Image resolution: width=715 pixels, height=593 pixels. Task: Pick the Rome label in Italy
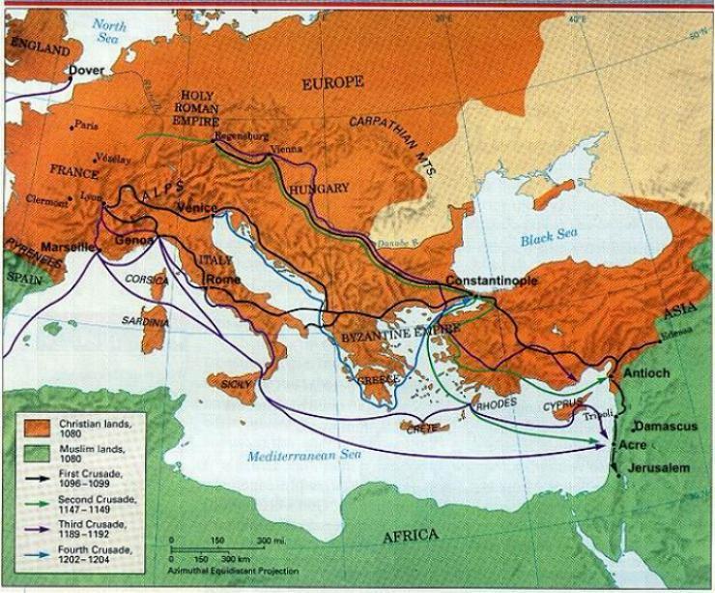point(221,281)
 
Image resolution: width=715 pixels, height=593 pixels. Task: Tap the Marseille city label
point(67,247)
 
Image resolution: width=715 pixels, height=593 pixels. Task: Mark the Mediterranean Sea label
point(298,457)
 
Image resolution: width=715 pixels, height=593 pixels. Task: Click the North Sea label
point(117,34)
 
